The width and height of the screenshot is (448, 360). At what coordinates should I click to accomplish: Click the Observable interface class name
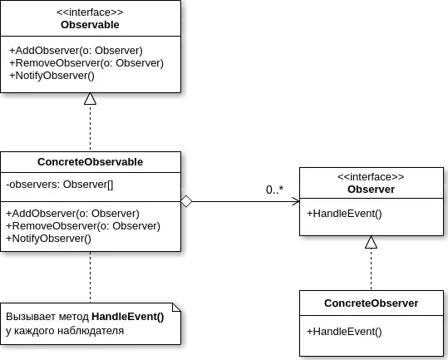(x=90, y=25)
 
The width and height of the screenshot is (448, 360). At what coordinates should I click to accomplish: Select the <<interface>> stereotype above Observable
(x=90, y=12)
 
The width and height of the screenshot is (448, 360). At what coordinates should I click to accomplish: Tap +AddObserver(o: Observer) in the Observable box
(x=76, y=51)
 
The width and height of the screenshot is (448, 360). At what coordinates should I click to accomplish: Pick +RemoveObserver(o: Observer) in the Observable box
(x=86, y=63)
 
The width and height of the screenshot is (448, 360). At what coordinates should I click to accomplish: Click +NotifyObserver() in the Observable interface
(x=52, y=76)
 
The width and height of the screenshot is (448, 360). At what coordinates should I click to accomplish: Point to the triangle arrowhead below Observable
(x=90, y=100)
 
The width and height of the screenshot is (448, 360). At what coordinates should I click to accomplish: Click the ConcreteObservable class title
(x=90, y=161)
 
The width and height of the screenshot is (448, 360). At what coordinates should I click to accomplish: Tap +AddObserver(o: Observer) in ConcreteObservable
(x=72, y=213)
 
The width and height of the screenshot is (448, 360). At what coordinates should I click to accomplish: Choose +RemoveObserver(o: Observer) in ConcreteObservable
(x=83, y=225)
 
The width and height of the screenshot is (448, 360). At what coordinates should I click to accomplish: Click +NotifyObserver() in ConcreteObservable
(x=48, y=238)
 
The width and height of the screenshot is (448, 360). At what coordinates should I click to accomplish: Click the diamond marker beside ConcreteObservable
(x=187, y=200)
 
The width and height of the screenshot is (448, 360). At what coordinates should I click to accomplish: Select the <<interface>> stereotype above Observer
(x=371, y=177)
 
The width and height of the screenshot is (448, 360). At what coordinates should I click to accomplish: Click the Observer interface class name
(x=371, y=190)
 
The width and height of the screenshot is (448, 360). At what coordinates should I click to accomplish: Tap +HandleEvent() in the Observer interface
(x=344, y=214)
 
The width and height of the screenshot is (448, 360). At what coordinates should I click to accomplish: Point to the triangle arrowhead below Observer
(x=371, y=244)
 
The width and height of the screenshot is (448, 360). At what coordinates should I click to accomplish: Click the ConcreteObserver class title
(x=371, y=303)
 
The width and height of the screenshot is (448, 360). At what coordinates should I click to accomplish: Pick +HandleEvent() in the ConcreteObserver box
(x=344, y=332)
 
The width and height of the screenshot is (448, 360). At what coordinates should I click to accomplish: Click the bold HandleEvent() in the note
(x=127, y=317)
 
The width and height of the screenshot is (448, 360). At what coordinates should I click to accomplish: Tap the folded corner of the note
(x=175, y=305)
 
